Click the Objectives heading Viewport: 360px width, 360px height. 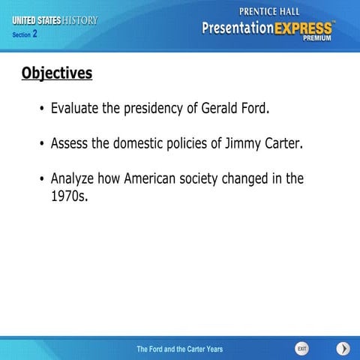[x=57, y=73]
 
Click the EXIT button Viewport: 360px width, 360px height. [x=301, y=349]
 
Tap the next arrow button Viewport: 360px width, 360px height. [x=343, y=349]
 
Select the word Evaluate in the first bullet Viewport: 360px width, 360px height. [x=75, y=108]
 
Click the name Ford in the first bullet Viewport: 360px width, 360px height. [x=252, y=108]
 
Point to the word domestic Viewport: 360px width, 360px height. [x=134, y=143]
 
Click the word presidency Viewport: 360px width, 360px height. [x=142, y=108]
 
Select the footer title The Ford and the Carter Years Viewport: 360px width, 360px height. [x=179, y=349]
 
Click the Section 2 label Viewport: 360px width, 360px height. [x=25, y=34]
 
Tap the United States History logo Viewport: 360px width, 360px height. [x=54, y=20]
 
